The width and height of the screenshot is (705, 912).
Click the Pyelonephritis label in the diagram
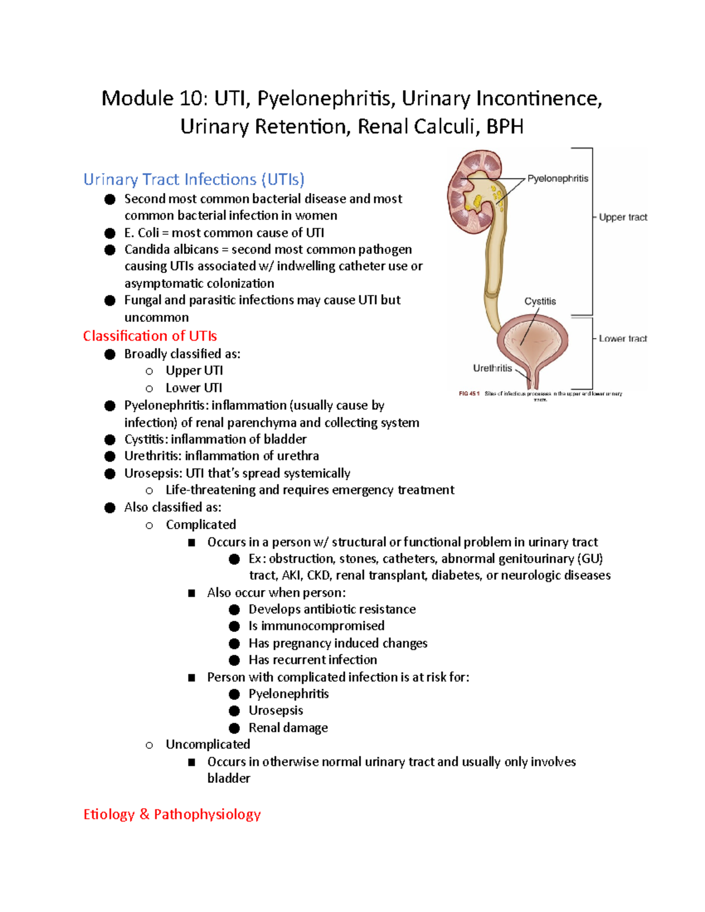[x=557, y=179]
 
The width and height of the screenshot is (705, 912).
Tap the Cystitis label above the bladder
[x=540, y=301]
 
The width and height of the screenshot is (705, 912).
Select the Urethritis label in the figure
[x=492, y=368]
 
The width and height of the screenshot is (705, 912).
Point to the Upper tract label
[x=623, y=217]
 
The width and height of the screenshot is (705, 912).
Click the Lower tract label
[x=623, y=339]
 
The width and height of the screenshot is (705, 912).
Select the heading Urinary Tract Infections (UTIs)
[x=194, y=179]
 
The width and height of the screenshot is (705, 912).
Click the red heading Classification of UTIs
[x=150, y=336]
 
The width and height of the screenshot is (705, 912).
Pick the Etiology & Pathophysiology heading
[x=172, y=814]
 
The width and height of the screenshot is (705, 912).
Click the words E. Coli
[x=142, y=233]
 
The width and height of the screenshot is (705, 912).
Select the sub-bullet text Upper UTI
[x=194, y=371]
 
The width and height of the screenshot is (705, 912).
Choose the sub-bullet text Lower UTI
[x=193, y=388]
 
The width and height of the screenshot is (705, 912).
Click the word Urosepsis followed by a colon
[x=153, y=473]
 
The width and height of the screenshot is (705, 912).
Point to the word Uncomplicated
[x=207, y=745]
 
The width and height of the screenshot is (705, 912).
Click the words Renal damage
[x=288, y=728]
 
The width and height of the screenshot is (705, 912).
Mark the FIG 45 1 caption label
[x=469, y=394]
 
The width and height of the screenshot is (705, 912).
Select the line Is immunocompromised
[x=316, y=626]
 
